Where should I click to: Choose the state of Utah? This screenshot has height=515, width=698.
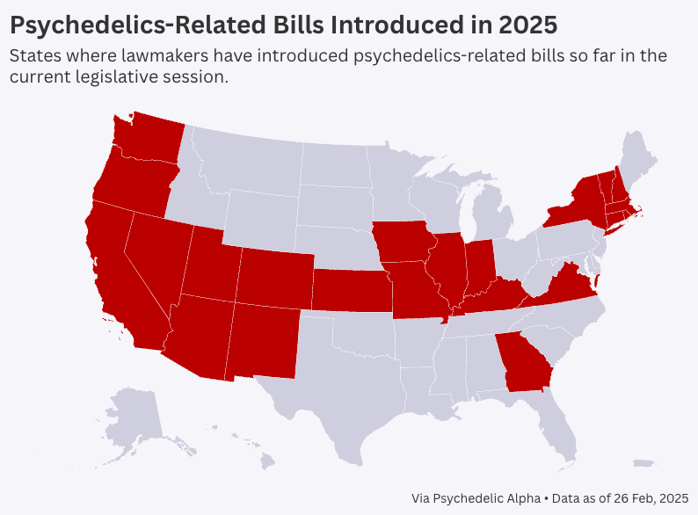click(211, 264)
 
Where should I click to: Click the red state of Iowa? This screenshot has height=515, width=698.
click(404, 242)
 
